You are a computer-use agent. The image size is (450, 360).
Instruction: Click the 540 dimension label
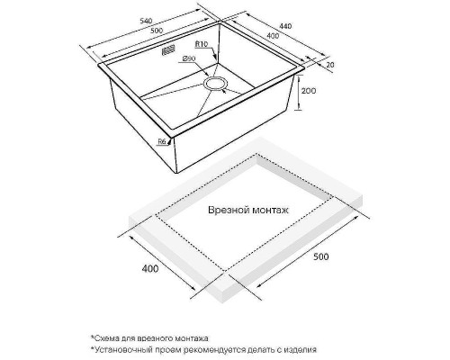(147, 21)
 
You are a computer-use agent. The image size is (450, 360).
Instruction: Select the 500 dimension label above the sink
(157, 30)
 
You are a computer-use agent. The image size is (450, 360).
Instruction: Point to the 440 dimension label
(285, 26)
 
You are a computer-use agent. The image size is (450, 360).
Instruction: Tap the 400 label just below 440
(273, 36)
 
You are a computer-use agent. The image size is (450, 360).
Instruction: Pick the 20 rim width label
(330, 65)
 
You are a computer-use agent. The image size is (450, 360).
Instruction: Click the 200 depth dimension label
(309, 91)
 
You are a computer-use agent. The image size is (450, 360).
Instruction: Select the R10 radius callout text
(202, 44)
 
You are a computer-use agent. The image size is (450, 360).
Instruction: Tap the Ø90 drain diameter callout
(189, 58)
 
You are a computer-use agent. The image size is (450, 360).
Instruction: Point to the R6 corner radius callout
(162, 142)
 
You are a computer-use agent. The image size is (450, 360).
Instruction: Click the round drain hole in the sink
(215, 83)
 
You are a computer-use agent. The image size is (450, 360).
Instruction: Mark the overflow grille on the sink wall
(168, 50)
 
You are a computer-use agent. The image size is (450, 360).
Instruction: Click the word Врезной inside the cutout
(229, 210)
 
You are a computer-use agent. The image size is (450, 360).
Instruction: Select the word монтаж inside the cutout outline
(270, 210)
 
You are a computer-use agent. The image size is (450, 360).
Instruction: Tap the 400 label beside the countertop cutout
(150, 268)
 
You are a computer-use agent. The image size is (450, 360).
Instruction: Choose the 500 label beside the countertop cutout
(320, 256)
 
